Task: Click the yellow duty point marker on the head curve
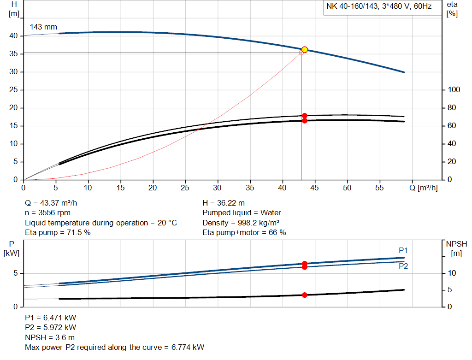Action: [x=304, y=50]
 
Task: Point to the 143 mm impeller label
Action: [x=43, y=27]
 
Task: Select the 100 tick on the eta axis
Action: [x=454, y=90]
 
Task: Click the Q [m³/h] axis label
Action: [x=424, y=188]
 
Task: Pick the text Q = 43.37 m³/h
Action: [x=54, y=203]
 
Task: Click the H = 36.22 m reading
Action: [x=224, y=203]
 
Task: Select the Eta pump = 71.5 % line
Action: [x=58, y=233]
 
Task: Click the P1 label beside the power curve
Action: [x=403, y=250]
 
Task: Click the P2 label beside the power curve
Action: [x=403, y=266]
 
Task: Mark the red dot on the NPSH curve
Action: [x=304, y=295]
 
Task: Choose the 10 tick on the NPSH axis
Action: [x=452, y=273]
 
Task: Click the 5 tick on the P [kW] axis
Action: [x=15, y=273]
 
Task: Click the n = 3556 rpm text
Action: [x=48, y=213]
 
